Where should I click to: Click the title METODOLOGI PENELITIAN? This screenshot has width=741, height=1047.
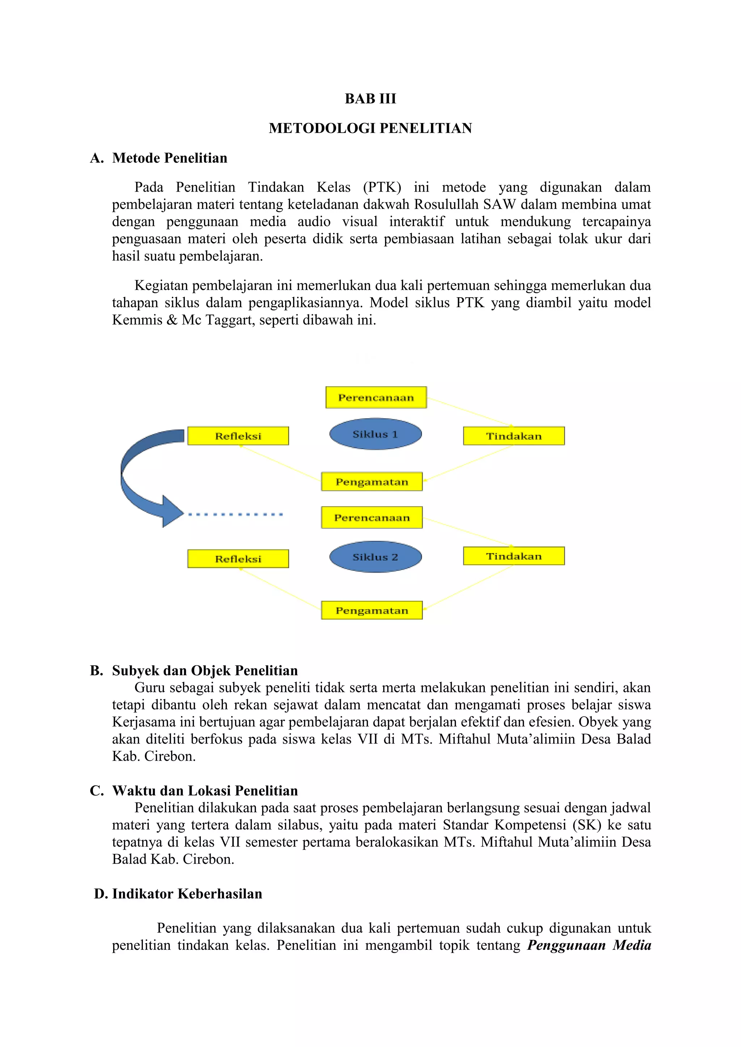[370, 128]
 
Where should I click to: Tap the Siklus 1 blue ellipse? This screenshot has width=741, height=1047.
[375, 434]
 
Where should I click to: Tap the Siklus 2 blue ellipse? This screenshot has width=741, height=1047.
[375, 557]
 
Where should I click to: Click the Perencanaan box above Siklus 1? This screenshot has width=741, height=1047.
[376, 398]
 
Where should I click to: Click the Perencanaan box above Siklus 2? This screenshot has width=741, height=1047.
[372, 518]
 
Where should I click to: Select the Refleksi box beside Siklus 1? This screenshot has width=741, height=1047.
[238, 436]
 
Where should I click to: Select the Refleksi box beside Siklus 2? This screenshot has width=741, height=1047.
[238, 559]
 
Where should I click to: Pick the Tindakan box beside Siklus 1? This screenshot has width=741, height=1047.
[514, 436]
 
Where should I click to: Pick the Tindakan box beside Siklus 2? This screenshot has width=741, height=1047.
[514, 556]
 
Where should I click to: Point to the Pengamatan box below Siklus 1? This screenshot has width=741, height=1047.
[372, 482]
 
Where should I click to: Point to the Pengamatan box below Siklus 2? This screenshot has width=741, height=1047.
[372, 611]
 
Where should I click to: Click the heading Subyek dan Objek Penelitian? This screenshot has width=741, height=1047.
[204, 670]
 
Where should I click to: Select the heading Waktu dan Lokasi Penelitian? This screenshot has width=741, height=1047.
[204, 790]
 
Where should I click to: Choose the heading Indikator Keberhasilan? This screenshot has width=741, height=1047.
[187, 893]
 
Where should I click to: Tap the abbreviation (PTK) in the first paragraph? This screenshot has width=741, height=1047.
[382, 187]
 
